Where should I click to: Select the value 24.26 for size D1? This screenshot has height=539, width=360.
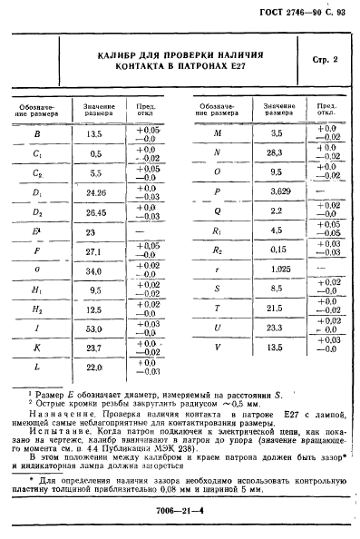pos(93,193)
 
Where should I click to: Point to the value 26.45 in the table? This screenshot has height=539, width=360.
pos(93,214)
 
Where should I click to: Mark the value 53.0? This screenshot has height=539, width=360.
pos(93,328)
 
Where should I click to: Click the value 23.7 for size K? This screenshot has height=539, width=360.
pos(93,348)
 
